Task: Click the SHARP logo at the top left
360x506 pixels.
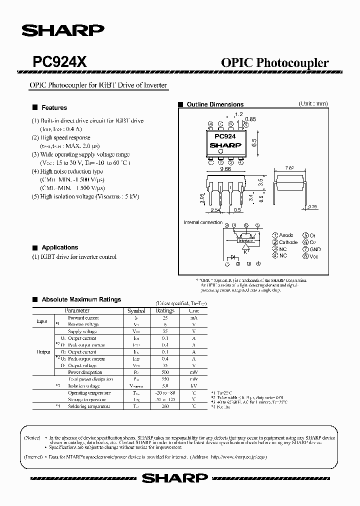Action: pyautogui.click(x=62, y=31)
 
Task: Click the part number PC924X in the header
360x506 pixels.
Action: pyautogui.click(x=60, y=62)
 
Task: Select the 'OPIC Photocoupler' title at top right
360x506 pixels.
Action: pyautogui.click(x=274, y=62)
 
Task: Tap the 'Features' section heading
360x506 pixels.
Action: pyautogui.click(x=54, y=107)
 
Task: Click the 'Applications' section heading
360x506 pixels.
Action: pyautogui.click(x=59, y=247)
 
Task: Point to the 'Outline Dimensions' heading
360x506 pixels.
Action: pyautogui.click(x=214, y=104)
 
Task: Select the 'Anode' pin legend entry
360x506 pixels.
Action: pyautogui.click(x=286, y=235)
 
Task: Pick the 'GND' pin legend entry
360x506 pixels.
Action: pyautogui.click(x=315, y=249)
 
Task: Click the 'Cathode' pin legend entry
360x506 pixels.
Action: pyautogui.click(x=288, y=242)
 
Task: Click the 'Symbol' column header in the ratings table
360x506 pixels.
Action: pyautogui.click(x=136, y=310)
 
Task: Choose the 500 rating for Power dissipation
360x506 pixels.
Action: pyautogui.click(x=165, y=372)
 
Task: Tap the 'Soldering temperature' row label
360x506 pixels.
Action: pyautogui.click(x=89, y=406)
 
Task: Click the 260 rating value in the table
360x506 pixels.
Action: pyautogui.click(x=165, y=406)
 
